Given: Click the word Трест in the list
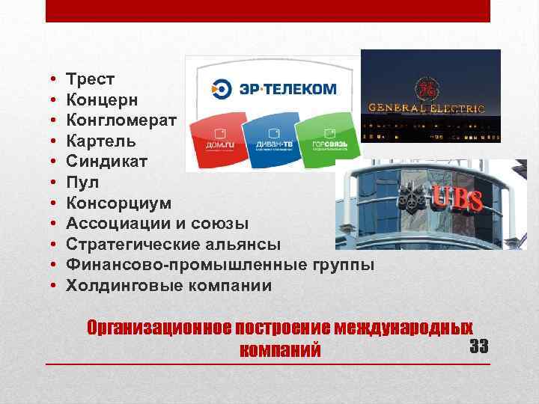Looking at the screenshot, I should click(x=88, y=79).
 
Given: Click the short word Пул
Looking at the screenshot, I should click(x=82, y=183).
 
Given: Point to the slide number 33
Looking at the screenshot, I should click(x=478, y=346).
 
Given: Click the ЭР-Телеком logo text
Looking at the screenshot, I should click(x=287, y=89).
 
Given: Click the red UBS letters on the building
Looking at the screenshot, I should click(x=457, y=199).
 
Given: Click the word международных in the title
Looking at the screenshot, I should click(x=404, y=328).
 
